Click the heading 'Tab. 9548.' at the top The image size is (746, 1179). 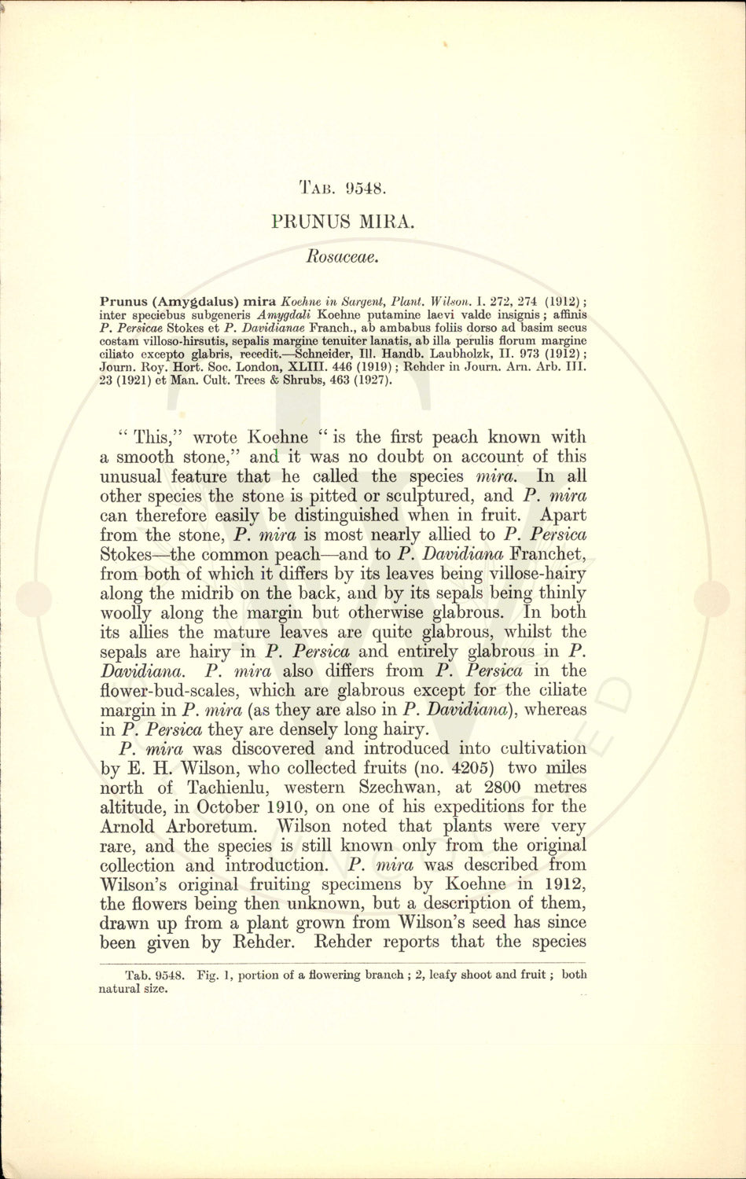342,189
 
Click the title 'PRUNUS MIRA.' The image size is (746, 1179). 342,222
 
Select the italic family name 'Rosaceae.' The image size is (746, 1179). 343,255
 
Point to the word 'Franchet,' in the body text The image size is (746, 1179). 547,555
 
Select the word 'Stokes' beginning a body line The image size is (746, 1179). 129,555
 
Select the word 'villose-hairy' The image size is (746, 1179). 536,575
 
